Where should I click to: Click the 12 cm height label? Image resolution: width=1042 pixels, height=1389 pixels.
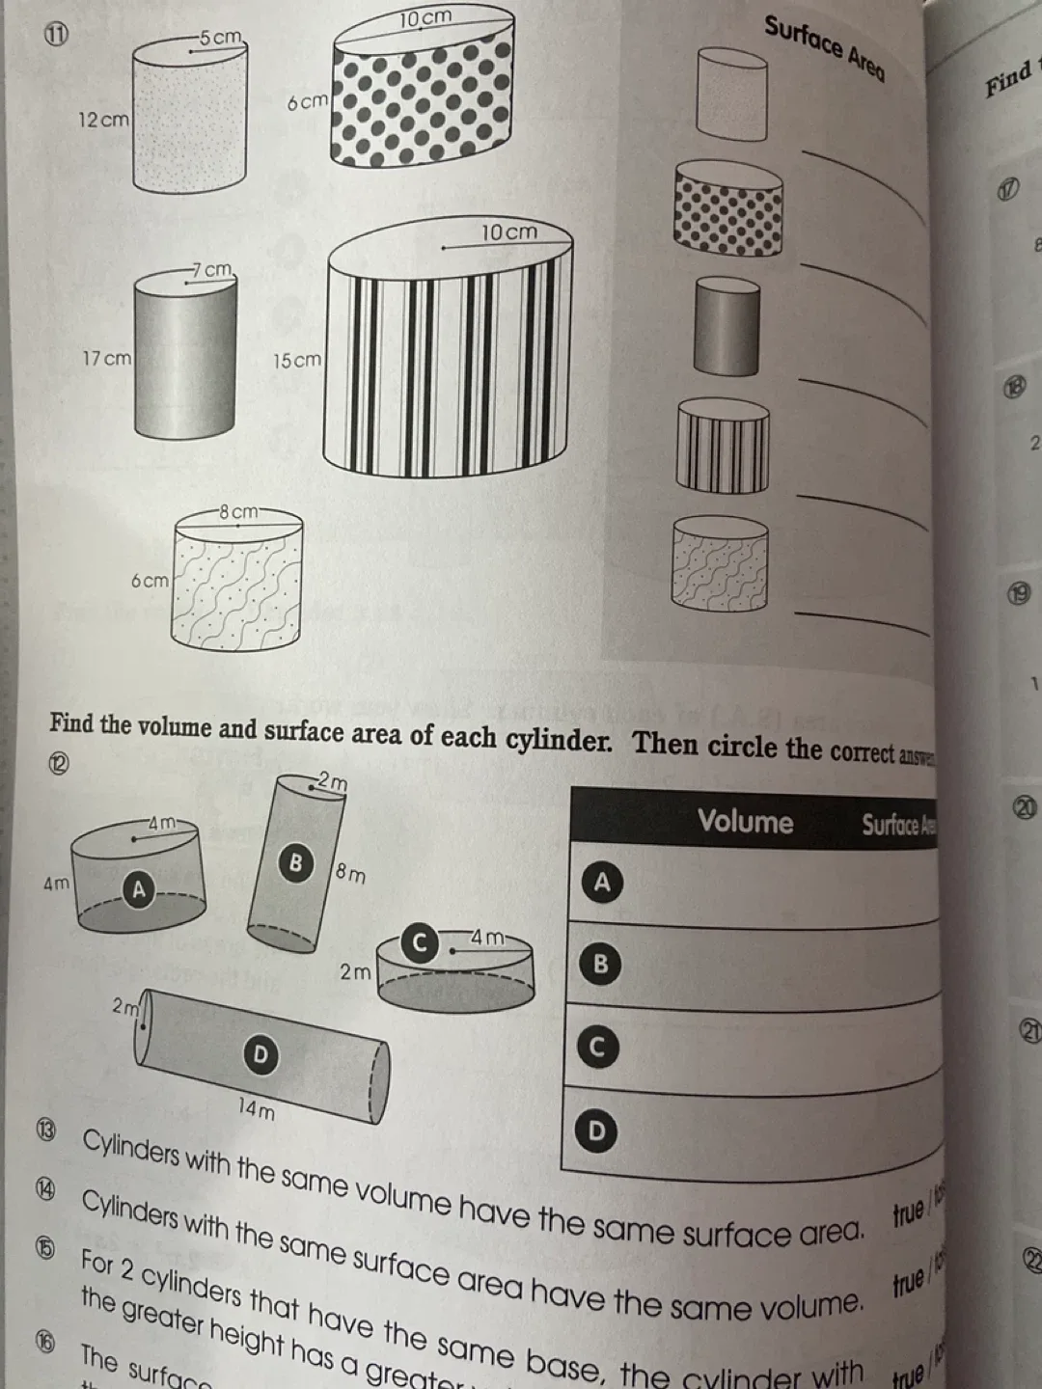click(103, 121)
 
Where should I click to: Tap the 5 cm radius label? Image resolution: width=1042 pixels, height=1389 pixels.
click(221, 38)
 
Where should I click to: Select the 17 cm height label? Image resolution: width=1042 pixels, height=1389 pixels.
click(106, 359)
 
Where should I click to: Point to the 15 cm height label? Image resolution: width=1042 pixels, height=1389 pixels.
click(296, 361)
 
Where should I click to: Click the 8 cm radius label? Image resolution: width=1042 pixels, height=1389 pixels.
click(238, 511)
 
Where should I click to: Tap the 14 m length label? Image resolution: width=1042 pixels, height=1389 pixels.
click(257, 1108)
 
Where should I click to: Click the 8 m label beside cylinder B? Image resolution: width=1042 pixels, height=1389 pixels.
click(350, 875)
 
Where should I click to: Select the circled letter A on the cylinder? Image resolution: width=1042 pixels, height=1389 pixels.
click(139, 890)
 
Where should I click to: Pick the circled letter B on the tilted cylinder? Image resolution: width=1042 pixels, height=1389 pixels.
click(296, 861)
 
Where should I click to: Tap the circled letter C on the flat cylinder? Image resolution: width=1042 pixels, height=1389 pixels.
click(420, 942)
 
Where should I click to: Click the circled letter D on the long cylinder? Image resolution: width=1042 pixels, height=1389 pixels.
click(259, 1055)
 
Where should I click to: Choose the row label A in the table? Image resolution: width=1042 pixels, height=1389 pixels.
click(602, 882)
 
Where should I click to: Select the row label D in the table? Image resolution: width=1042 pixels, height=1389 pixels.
click(597, 1130)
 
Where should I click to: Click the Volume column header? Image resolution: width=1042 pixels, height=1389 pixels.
click(745, 822)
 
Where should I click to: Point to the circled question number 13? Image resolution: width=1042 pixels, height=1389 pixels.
click(46, 1130)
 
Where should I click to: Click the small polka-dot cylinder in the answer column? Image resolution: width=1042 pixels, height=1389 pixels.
click(728, 208)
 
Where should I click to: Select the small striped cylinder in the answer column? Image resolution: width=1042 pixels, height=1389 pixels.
click(723, 446)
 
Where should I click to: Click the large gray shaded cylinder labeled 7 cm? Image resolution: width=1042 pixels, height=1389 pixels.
click(185, 355)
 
